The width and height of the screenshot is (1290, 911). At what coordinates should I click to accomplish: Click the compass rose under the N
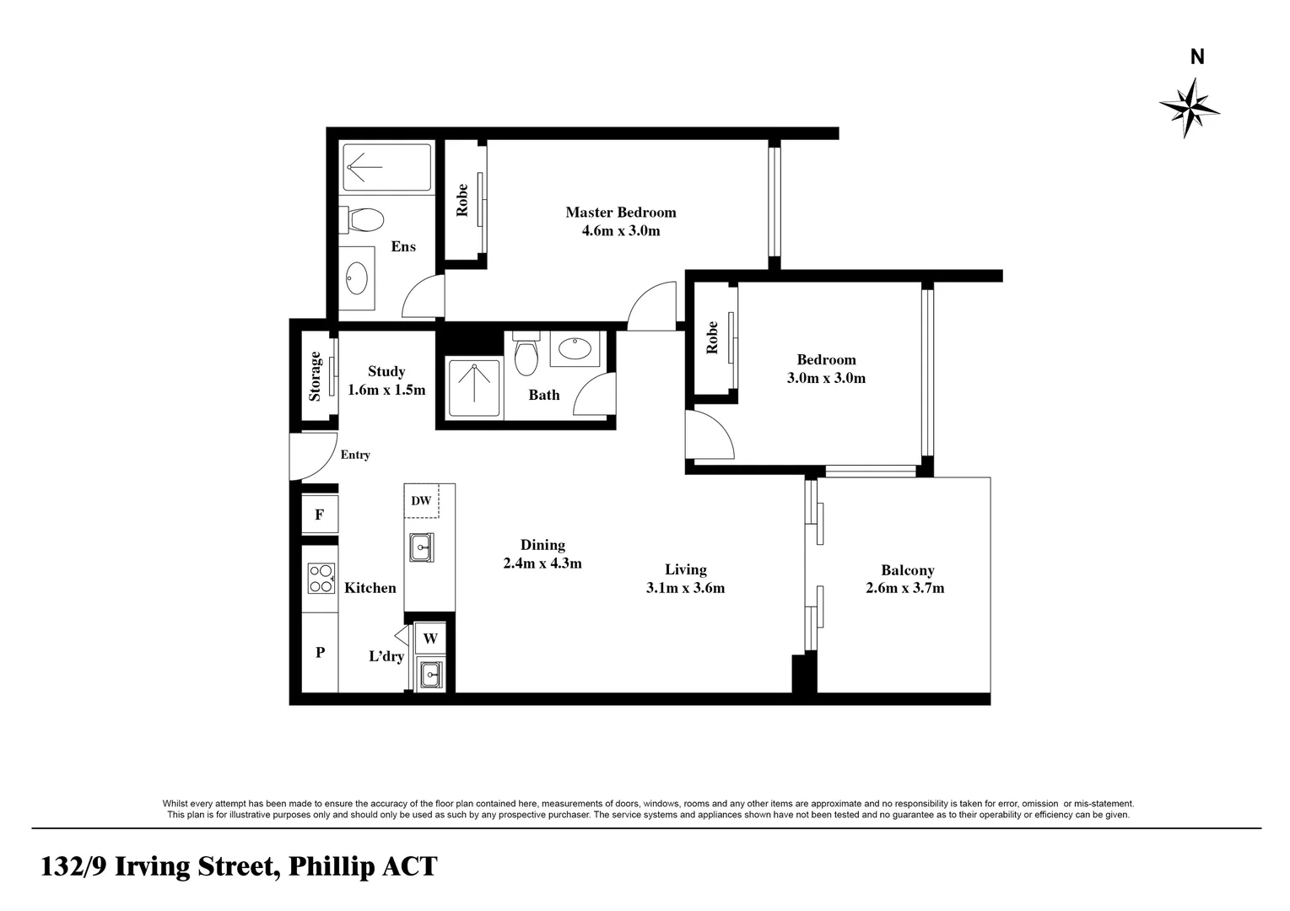click(1189, 107)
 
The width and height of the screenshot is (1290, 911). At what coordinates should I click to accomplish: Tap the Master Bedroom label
click(620, 212)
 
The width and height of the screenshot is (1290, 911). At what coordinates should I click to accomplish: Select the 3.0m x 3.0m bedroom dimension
click(826, 378)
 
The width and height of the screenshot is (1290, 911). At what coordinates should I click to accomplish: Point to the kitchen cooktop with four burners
click(321, 578)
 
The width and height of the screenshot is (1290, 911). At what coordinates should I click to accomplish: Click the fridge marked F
click(320, 515)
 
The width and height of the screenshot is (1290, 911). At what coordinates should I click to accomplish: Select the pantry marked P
click(320, 652)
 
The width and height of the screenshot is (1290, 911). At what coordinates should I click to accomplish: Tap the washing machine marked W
click(430, 639)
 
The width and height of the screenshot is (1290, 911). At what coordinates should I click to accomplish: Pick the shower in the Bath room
click(474, 388)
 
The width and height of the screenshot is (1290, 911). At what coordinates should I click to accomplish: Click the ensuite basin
click(357, 277)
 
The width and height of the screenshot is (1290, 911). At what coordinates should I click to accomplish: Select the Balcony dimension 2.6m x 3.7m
click(904, 588)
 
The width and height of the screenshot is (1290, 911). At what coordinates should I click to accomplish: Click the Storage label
click(315, 375)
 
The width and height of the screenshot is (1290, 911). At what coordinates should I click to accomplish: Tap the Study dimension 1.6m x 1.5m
click(386, 390)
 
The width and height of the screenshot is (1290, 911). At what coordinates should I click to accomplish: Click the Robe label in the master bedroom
click(462, 200)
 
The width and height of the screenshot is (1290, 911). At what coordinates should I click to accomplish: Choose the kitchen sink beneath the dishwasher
click(421, 547)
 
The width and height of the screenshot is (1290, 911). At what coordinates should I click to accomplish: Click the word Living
click(685, 569)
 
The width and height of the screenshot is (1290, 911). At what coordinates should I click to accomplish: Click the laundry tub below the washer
click(430, 674)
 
